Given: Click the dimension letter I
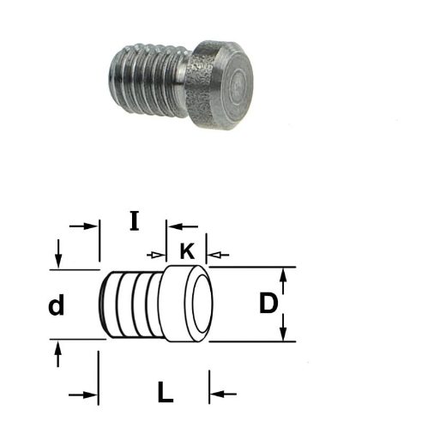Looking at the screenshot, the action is (x=134, y=220).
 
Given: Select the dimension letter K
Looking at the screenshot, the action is (x=187, y=251).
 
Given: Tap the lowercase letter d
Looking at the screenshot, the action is (x=57, y=305).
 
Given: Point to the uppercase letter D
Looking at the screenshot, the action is (x=268, y=303).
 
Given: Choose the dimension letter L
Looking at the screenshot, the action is (x=166, y=392).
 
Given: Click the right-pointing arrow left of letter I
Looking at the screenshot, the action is (x=83, y=226).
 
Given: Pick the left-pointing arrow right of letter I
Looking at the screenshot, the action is (x=183, y=226).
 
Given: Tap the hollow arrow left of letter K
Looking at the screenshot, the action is (x=156, y=255).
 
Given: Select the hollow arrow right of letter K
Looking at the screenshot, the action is (x=218, y=255).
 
